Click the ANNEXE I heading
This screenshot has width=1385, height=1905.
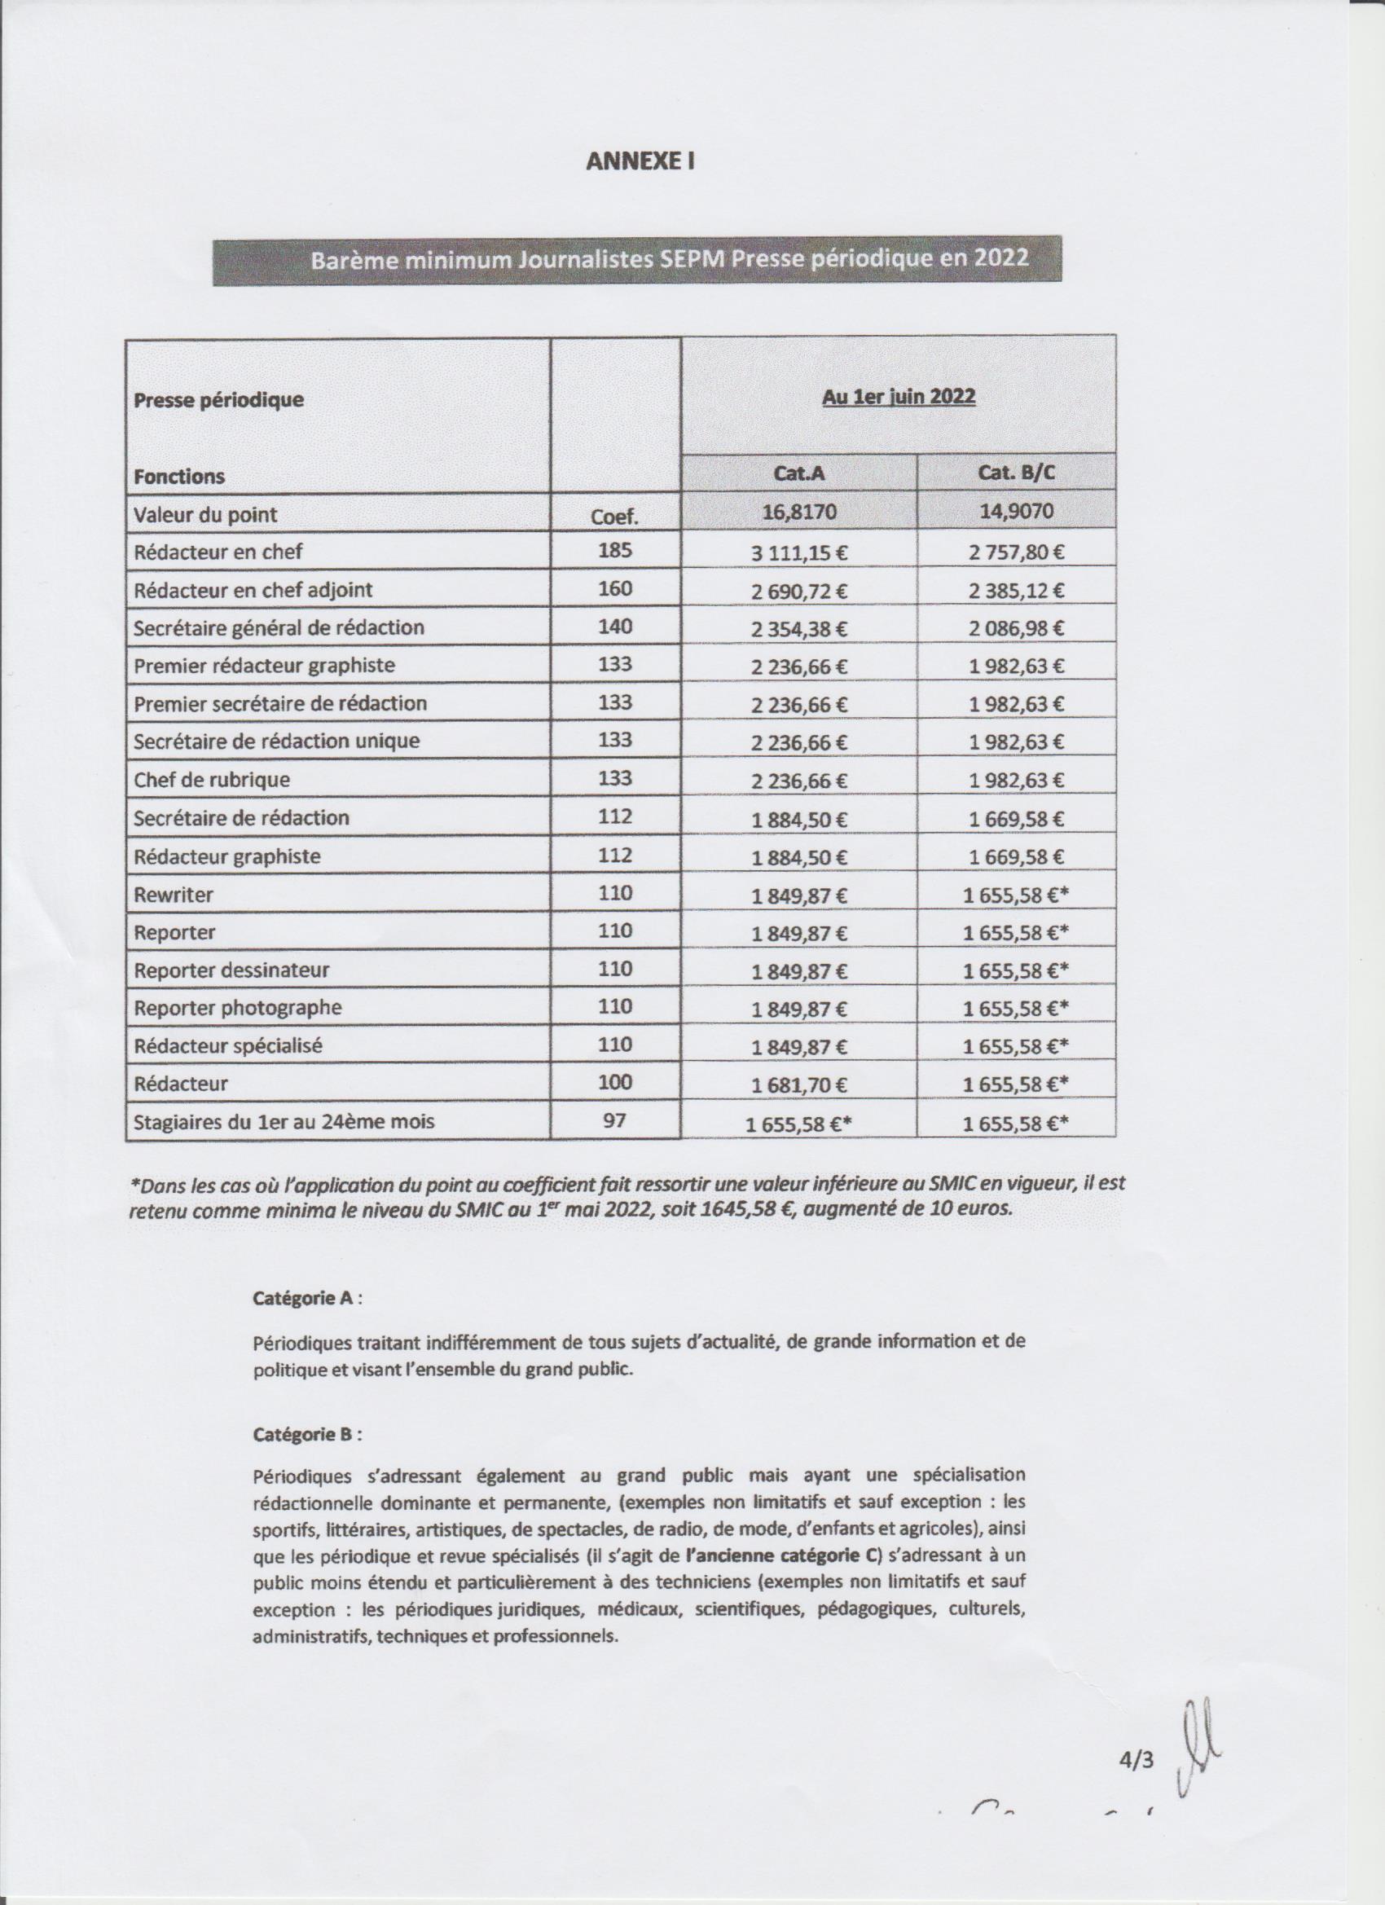tap(640, 161)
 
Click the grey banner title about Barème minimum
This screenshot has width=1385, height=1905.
tap(670, 259)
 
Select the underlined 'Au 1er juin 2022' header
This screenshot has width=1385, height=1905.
tap(898, 397)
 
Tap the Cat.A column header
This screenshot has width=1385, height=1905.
tap(798, 473)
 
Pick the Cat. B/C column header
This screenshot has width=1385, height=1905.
tap(1016, 473)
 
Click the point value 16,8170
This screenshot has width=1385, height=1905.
tap(798, 513)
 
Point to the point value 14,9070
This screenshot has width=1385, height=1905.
tap(1016, 513)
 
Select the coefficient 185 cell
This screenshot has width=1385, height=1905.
tap(615, 551)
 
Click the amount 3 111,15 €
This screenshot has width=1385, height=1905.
tap(798, 552)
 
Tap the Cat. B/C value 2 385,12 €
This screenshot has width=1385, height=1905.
tap(1016, 591)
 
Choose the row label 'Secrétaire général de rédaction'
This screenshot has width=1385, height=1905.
tap(279, 627)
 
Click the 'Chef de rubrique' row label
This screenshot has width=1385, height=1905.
tap(212, 780)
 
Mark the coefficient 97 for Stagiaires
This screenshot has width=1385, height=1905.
tap(615, 1120)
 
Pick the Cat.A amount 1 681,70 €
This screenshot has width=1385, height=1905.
tap(798, 1084)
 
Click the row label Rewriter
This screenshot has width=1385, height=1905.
tap(173, 895)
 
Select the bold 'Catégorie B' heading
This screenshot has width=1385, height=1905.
tap(303, 1434)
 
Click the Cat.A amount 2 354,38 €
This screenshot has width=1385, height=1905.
tap(798, 628)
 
